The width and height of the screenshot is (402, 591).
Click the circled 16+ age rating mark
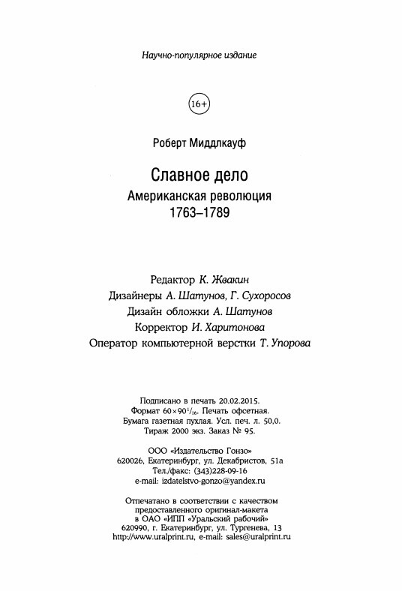201,103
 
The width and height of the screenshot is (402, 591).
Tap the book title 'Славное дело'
200,175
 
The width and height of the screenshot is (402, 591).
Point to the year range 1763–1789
200,212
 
